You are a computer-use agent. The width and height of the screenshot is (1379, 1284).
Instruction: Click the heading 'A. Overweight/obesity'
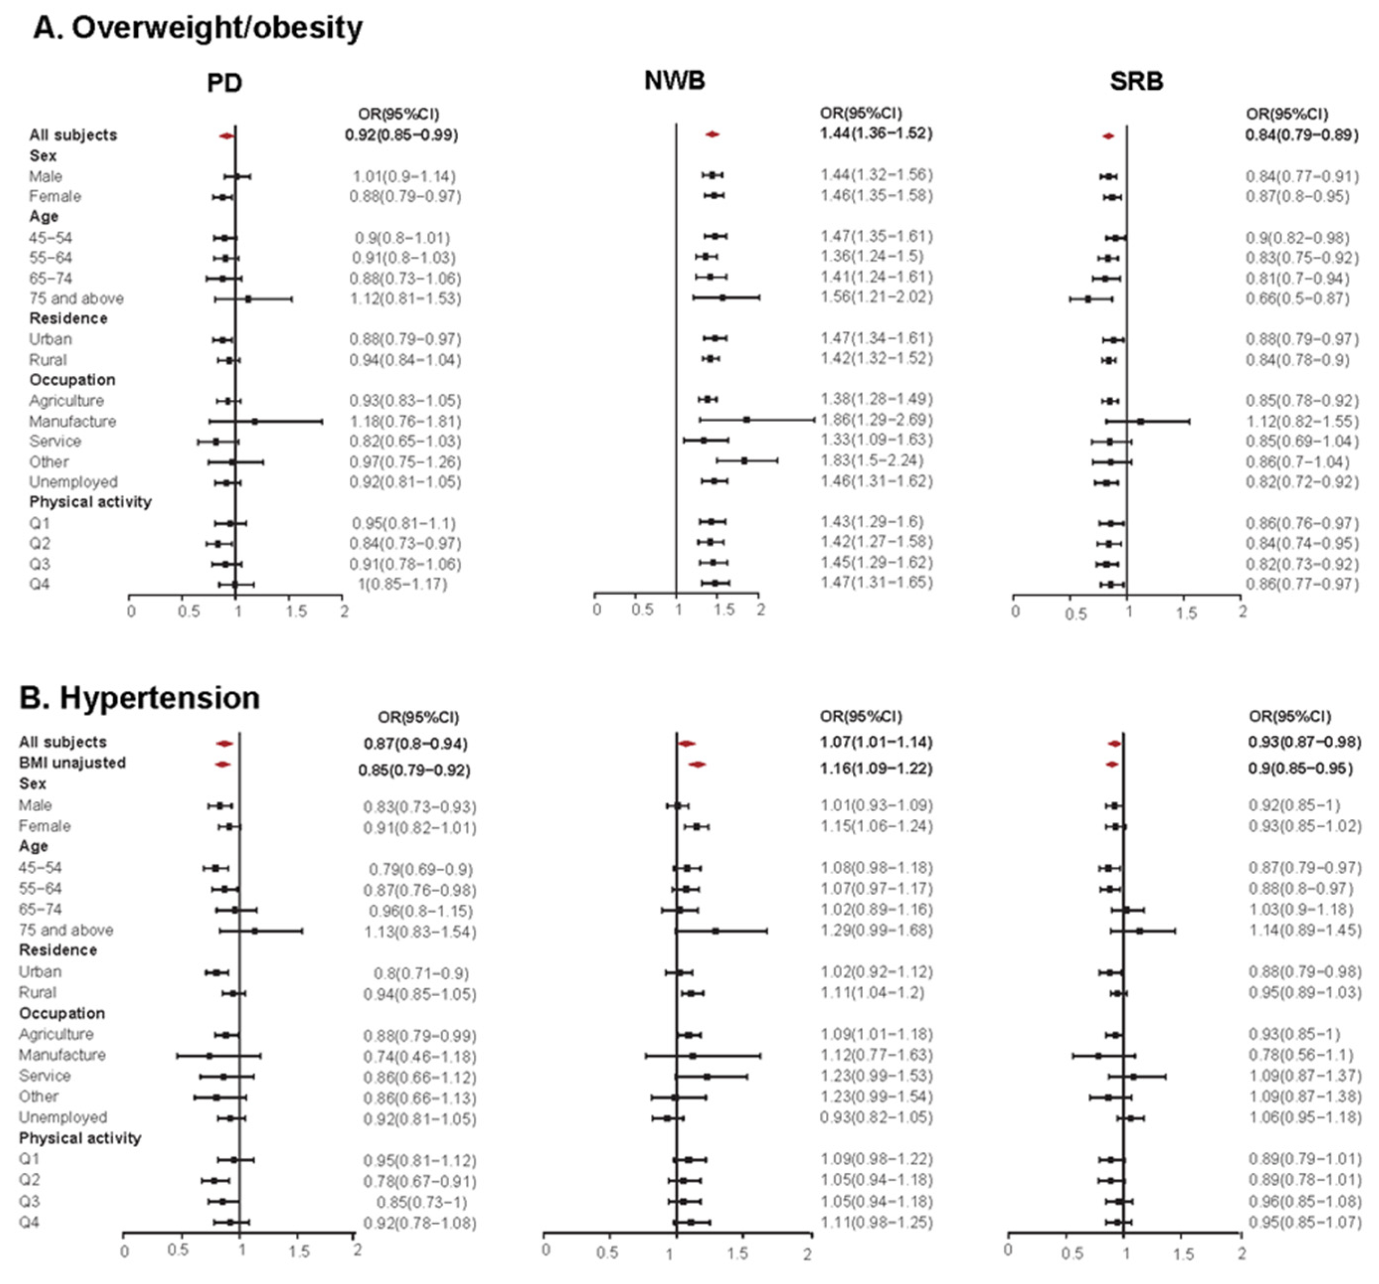[198, 29]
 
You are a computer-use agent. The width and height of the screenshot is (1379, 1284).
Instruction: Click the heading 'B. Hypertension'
[139, 698]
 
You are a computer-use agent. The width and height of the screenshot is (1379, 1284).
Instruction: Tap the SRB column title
[1136, 81]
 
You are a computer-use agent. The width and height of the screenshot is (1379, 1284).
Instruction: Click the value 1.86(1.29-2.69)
[876, 419]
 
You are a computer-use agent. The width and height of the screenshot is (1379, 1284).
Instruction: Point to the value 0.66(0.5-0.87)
[1297, 299]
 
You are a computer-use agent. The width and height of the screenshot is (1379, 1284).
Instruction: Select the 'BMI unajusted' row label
[72, 763]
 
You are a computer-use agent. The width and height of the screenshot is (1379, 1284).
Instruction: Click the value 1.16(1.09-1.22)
[876, 768]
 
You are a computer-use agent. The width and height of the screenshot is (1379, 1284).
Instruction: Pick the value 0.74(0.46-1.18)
[420, 1056]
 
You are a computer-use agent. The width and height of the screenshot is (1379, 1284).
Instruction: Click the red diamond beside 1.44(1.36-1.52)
[712, 134]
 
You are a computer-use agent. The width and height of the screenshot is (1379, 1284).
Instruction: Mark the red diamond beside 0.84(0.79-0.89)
[1108, 136]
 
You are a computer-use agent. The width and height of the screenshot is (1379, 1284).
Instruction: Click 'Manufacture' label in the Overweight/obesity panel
[72, 421]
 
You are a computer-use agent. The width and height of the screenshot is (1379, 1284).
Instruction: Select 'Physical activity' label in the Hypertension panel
[80, 1138]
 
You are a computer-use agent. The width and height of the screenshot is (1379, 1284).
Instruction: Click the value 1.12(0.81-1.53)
[406, 299]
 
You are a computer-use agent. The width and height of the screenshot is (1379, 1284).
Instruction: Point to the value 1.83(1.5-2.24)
[871, 461]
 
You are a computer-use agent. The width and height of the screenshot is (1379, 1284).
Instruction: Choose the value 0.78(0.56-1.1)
[1301, 1055]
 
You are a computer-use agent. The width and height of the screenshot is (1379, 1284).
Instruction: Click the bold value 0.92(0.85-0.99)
[401, 135]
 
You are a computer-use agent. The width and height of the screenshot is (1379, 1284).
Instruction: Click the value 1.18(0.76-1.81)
[405, 421]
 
